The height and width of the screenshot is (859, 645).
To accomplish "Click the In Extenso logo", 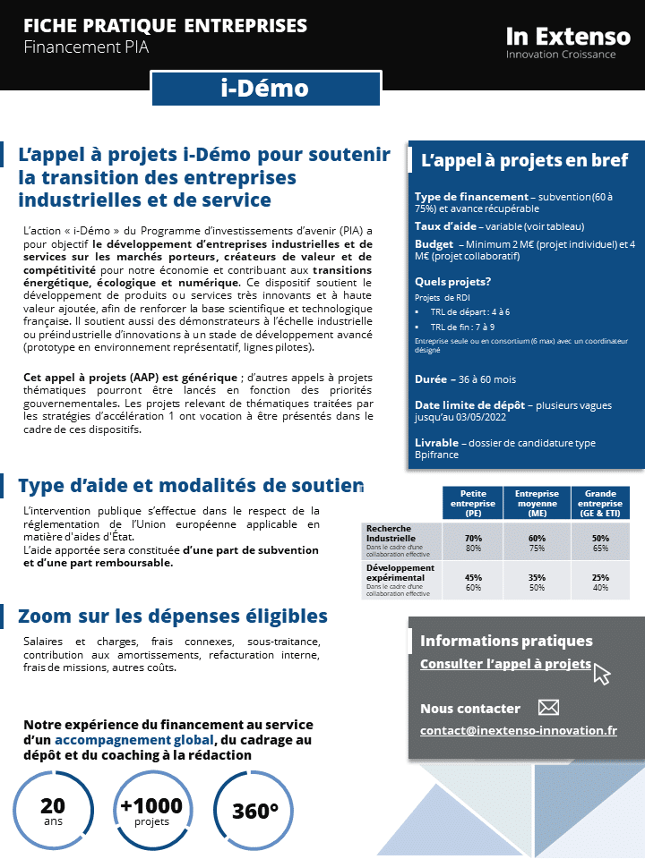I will point(568,42).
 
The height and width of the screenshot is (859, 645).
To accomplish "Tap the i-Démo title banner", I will point(263,89).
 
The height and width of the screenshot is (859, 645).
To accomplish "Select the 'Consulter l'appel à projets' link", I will point(505,664).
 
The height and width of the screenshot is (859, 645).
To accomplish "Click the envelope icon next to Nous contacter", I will point(548,708).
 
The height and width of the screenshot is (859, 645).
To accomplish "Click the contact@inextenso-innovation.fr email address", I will point(518,730).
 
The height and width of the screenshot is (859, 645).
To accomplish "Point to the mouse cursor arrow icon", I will point(601,674).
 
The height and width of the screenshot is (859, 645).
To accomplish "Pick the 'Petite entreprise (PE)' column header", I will point(473,505).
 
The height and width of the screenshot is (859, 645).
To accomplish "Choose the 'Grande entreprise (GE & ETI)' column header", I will point(600,505).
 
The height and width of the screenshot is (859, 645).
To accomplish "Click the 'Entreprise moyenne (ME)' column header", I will point(537,505).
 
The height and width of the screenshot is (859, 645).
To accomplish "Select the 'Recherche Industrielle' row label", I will point(391,533).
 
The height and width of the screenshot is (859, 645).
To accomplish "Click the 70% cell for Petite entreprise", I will point(473,538).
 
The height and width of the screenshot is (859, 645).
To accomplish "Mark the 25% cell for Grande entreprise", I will point(600,577).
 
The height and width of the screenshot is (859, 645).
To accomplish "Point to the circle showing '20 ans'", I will point(54,811).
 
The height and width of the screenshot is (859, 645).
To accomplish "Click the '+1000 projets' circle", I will point(150,811).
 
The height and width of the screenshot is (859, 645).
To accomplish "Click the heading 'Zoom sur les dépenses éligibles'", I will point(173,617).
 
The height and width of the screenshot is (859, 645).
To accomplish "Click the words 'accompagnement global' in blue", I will point(133,741).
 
